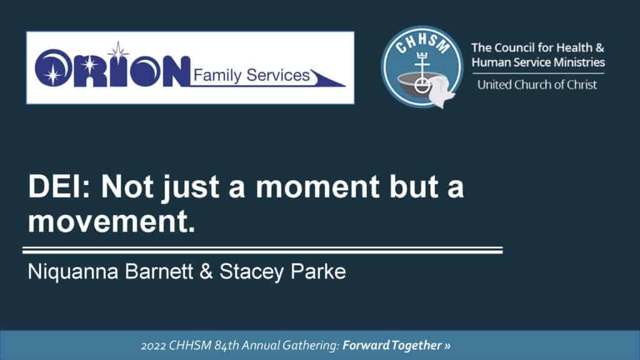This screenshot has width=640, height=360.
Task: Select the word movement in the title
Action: [111, 222]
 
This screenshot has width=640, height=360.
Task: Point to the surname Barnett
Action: [159, 271]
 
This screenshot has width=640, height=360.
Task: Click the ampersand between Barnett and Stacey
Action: [206, 271]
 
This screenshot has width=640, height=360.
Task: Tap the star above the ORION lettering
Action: [118, 52]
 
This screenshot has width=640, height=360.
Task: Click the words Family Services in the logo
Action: [251, 75]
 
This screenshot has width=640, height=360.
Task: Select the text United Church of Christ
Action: [537, 84]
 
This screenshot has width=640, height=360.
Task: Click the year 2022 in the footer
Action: [153, 346]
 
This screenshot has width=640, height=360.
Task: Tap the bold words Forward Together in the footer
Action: [392, 345]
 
